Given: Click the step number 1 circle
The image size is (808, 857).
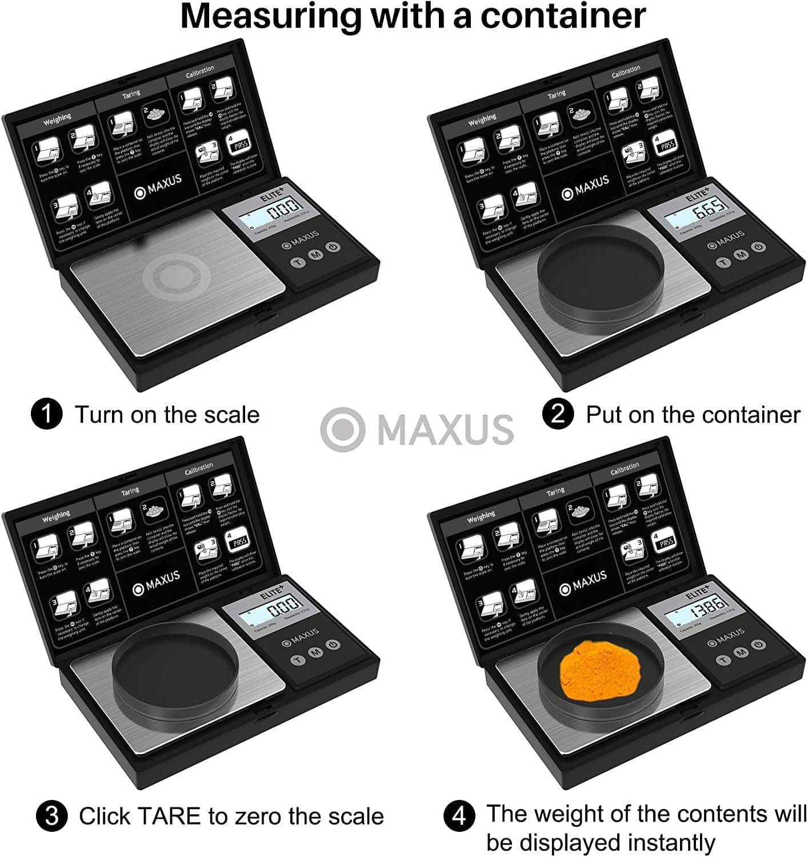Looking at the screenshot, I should click(46, 414).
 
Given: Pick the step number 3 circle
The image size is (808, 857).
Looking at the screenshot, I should click(51, 816).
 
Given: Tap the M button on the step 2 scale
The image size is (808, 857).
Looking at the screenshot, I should click(741, 254).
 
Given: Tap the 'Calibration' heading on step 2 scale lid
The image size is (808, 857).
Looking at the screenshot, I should click(625, 71).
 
